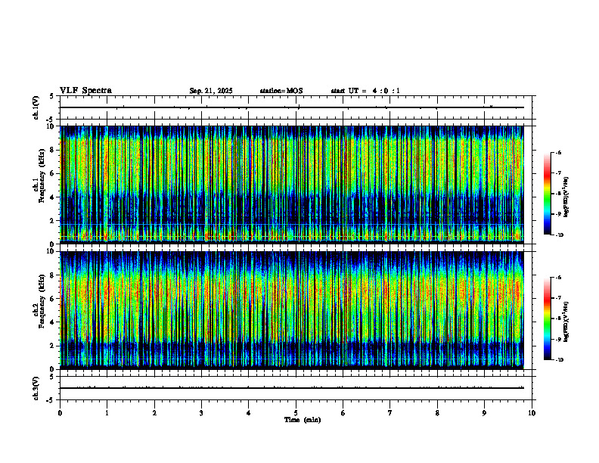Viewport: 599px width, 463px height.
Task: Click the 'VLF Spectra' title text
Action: click(x=85, y=91)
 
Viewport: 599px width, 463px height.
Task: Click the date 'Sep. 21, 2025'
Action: click(x=210, y=91)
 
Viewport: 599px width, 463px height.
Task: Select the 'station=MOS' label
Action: click(x=281, y=91)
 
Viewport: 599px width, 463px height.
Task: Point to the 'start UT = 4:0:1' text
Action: click(x=365, y=91)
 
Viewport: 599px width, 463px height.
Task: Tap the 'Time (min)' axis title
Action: click(x=302, y=420)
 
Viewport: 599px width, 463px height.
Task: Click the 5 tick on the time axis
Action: click(x=296, y=413)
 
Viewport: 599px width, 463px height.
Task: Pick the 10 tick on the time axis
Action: click(x=532, y=413)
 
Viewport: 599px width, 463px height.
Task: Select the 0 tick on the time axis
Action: click(x=60, y=413)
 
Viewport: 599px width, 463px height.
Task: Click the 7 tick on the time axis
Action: click(x=390, y=413)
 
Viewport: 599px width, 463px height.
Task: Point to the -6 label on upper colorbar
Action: click(x=559, y=153)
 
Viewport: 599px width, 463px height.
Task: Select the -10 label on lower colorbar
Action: click(x=559, y=359)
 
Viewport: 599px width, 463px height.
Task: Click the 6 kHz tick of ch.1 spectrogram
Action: click(x=51, y=173)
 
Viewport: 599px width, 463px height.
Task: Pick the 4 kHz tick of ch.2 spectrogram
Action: click(x=51, y=322)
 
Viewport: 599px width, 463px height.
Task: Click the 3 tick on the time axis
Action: click(x=201, y=413)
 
